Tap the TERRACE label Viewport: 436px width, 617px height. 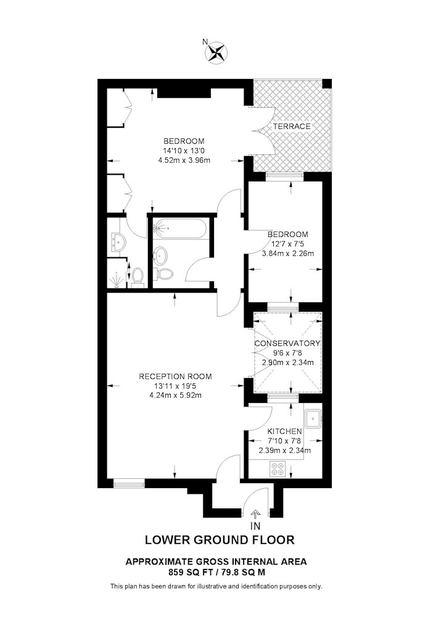[x=292, y=126]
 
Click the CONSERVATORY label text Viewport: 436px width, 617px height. [x=287, y=344]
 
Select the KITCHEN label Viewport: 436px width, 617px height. [x=285, y=432]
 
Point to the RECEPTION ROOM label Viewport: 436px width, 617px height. [x=175, y=376]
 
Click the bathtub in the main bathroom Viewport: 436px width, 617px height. [x=180, y=228]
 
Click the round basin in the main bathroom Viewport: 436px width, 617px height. [x=160, y=255]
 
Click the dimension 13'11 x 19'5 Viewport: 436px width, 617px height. [x=175, y=386]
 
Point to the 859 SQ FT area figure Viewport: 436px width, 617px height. [x=190, y=573]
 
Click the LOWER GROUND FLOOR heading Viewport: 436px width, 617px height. [x=220, y=540]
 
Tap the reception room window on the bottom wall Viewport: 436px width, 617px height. [x=128, y=483]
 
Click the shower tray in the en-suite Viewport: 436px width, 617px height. [x=117, y=275]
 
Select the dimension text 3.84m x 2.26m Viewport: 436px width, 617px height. [x=288, y=254]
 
